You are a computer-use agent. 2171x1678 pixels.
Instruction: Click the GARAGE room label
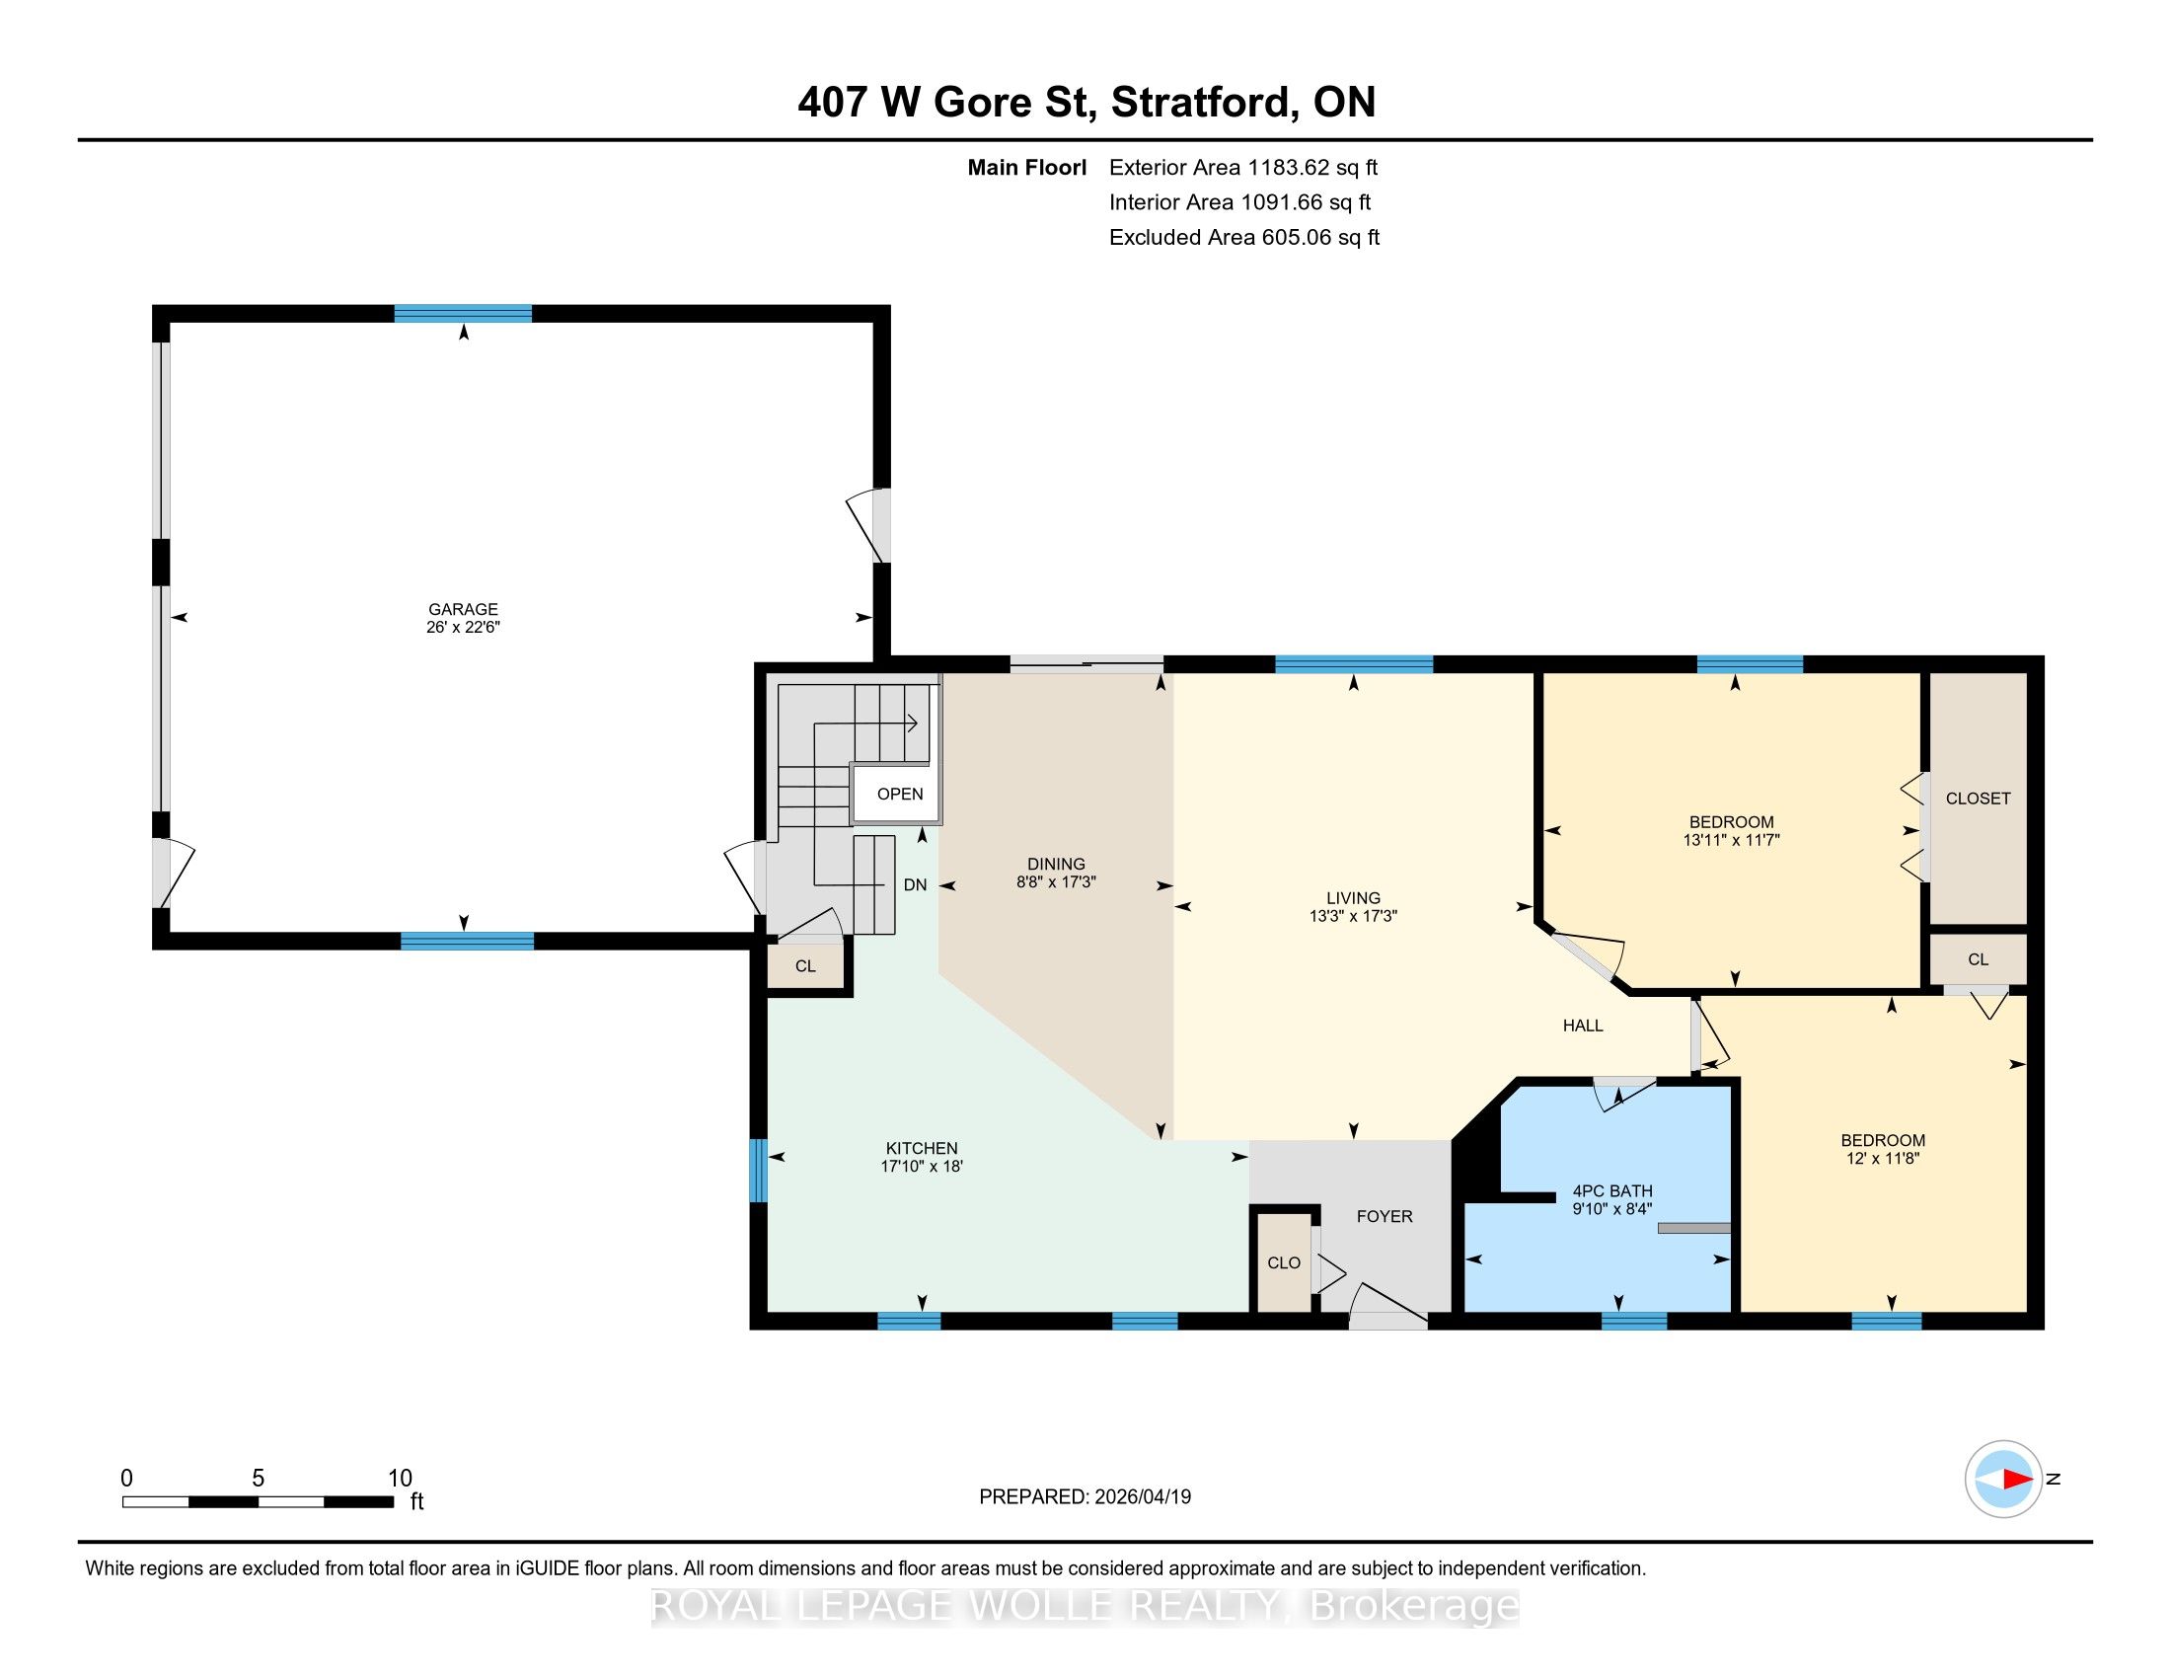tap(462, 609)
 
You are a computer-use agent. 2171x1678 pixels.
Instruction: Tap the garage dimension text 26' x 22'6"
tap(462, 627)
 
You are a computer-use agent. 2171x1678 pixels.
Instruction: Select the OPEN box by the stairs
tap(900, 795)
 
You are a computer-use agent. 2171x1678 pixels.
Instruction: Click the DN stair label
tap(915, 884)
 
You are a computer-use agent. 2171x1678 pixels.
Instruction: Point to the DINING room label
tap(1056, 864)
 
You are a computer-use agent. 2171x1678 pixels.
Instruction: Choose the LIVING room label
tap(1353, 897)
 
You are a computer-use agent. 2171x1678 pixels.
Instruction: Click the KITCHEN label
tap(922, 1148)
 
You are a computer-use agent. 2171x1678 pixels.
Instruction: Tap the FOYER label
tap(1385, 1216)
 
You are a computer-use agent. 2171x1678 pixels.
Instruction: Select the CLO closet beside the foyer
tap(1284, 1262)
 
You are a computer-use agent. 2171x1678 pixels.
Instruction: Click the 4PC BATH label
tap(1612, 1191)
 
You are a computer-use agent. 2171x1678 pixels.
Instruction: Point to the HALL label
tap(1583, 1025)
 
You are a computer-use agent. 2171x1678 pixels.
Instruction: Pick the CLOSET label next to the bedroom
tap(1978, 799)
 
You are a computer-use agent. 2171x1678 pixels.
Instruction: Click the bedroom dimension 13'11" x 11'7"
tap(1731, 840)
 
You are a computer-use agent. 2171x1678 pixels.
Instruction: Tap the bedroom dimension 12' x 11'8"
tap(1883, 1158)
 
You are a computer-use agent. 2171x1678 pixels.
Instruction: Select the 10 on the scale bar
tap(400, 1479)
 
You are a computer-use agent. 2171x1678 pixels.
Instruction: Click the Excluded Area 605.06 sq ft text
tap(1244, 238)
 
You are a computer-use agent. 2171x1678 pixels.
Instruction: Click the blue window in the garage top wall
tap(462, 313)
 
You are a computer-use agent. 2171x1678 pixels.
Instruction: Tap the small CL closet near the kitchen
tap(805, 966)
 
